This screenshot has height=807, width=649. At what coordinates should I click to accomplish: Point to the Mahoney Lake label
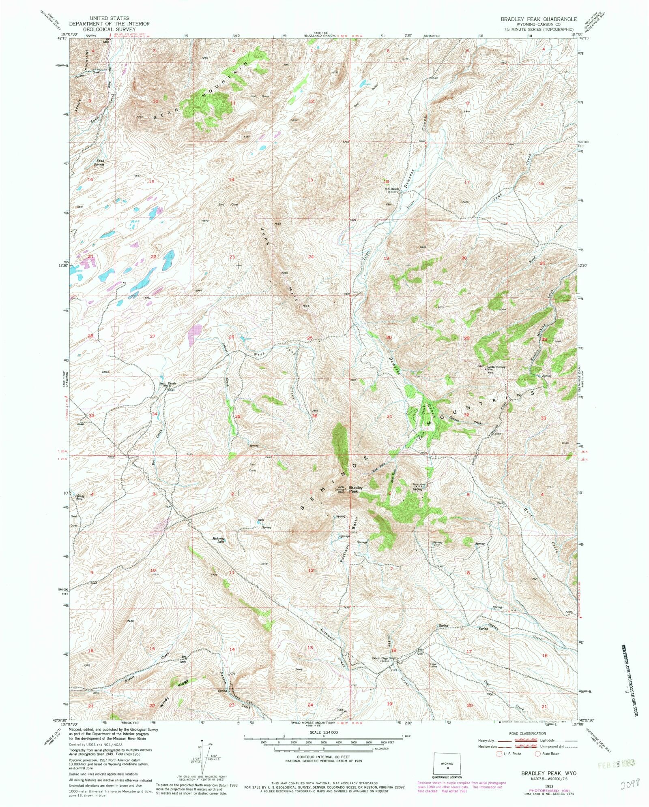218,540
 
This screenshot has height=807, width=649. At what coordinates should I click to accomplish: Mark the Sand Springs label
99,163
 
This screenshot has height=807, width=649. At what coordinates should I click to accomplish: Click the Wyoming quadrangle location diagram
448,766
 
